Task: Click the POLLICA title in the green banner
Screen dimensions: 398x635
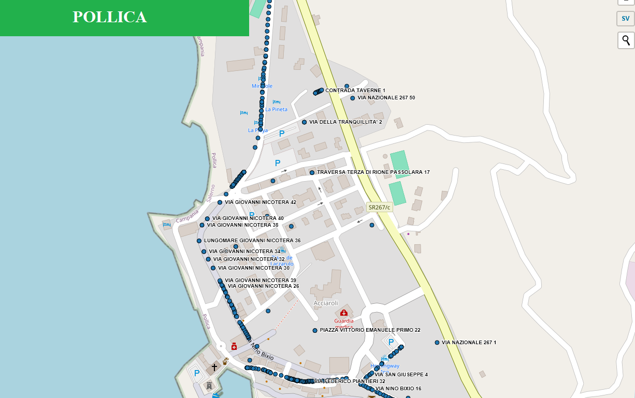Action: (x=110, y=17)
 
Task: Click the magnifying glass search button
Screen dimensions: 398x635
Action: (x=626, y=40)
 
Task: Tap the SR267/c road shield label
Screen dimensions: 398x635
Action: (x=379, y=208)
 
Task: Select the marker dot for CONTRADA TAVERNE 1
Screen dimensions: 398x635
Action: (x=321, y=90)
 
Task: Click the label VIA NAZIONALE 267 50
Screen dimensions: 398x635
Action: (x=386, y=98)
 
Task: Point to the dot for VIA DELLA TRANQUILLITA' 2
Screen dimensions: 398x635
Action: (x=305, y=122)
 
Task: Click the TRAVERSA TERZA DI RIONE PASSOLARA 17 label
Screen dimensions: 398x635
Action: (x=373, y=172)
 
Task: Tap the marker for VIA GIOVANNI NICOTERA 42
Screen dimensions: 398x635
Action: (x=220, y=202)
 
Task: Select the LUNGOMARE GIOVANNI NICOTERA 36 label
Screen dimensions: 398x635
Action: (x=252, y=241)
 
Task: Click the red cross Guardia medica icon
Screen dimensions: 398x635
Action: (x=343, y=313)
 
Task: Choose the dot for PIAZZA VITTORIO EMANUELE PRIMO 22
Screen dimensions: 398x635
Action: (x=315, y=330)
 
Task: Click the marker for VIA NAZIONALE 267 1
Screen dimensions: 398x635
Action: (x=437, y=343)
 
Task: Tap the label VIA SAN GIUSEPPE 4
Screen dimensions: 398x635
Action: (x=401, y=375)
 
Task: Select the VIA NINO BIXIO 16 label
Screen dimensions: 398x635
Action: (x=398, y=389)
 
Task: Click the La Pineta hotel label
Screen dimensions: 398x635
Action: (x=276, y=110)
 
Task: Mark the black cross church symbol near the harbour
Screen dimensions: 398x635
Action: (x=214, y=367)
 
